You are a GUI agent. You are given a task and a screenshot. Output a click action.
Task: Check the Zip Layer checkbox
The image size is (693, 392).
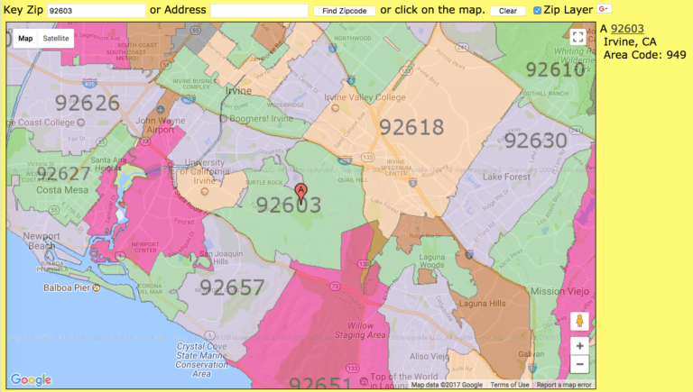(x=538, y=10)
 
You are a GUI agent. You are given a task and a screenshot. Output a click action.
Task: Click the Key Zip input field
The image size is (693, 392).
(x=96, y=10)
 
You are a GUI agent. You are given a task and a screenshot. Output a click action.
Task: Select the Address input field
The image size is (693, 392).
(x=259, y=10)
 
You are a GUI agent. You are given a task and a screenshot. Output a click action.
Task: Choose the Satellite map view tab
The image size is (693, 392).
(x=55, y=39)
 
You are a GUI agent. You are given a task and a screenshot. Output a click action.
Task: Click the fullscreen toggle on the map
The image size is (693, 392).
(x=577, y=37)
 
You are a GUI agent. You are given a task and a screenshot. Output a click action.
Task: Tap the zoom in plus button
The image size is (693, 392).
(x=579, y=345)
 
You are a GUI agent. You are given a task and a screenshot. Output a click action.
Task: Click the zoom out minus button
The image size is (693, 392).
(x=579, y=364)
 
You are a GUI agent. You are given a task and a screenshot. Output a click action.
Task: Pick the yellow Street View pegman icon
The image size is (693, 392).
(x=579, y=321)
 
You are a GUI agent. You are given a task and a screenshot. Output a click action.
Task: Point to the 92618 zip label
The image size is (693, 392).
(x=411, y=127)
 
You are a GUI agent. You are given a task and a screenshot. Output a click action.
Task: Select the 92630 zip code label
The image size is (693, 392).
(x=535, y=141)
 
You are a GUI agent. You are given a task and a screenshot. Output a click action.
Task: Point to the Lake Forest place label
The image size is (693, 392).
(x=508, y=178)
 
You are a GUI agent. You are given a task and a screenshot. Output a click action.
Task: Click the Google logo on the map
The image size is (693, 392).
(x=31, y=379)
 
